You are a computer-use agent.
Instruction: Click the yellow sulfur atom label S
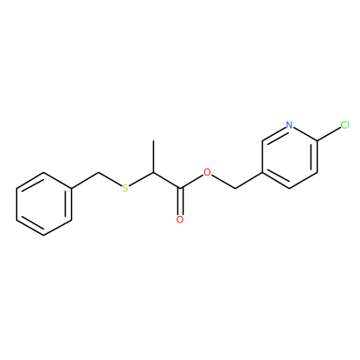tap(125, 189)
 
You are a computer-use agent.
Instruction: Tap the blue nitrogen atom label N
tap(289, 125)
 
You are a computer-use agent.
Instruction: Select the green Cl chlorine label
tap(345, 125)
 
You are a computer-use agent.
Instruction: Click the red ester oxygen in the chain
tap(207, 173)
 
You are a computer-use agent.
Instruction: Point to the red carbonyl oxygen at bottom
tap(180, 220)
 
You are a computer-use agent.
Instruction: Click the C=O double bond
tap(180, 202)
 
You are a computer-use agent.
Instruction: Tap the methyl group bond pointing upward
tap(153, 157)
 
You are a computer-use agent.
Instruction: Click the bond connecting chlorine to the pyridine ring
tap(328, 133)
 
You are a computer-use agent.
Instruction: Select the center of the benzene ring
tap(44, 204)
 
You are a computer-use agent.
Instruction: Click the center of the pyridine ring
tap(290, 157)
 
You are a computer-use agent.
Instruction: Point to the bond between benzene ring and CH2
tap(85, 181)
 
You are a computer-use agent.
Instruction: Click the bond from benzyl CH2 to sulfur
tap(110, 180)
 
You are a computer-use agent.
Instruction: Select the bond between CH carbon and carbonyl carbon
tap(166, 181)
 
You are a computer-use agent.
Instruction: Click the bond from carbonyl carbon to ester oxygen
tap(192, 182)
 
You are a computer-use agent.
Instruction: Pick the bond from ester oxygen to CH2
tap(223, 182)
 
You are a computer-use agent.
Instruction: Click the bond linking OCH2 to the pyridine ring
tap(248, 181)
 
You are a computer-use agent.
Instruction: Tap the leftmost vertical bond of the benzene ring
tap(17, 204)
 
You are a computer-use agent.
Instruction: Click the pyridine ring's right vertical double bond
tap(315, 157)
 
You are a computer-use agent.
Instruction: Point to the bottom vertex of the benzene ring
tap(44, 236)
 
